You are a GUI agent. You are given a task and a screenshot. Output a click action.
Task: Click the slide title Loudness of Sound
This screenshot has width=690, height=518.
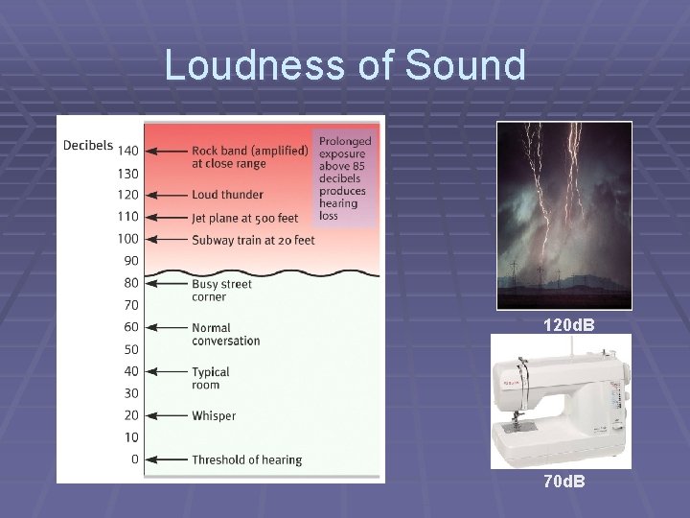click(x=345, y=65)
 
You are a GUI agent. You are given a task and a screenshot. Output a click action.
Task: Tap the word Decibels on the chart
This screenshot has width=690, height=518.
click(x=88, y=146)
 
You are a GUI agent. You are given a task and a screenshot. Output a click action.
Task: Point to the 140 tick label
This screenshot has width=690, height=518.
click(x=127, y=151)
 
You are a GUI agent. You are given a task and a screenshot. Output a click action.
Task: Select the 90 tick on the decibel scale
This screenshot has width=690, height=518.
click(x=131, y=261)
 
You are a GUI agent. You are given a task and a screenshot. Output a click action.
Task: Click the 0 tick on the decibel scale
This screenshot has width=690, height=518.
click(x=134, y=459)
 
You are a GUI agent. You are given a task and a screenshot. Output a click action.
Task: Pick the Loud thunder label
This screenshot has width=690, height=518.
click(x=227, y=195)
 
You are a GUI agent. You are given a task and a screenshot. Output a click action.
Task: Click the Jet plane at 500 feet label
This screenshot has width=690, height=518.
click(x=245, y=217)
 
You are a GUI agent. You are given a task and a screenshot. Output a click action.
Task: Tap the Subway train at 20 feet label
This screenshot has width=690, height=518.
click(x=253, y=239)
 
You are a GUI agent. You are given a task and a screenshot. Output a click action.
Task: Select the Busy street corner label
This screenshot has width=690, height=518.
click(x=221, y=290)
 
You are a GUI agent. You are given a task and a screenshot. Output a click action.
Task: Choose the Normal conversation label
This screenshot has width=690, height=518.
click(x=225, y=334)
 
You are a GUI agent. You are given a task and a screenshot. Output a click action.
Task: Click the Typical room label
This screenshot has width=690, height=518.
click(x=211, y=378)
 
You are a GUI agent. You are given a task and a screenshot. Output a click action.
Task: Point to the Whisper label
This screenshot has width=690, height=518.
click(x=214, y=416)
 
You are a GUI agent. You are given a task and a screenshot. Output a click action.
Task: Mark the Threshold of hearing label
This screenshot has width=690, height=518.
click(x=246, y=460)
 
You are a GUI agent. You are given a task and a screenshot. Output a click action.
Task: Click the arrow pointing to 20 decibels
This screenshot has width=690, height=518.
click(x=167, y=416)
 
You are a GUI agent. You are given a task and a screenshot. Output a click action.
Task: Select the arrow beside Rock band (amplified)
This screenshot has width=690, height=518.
click(x=167, y=151)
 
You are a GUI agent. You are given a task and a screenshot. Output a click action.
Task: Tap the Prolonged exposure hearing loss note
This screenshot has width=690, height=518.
click(x=345, y=177)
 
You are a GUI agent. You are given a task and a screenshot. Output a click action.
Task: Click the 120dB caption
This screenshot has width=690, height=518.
click(x=568, y=326)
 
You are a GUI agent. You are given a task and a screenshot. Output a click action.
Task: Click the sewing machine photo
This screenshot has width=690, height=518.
click(x=562, y=401)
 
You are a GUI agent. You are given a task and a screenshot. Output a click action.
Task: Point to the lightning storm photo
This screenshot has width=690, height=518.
click(x=563, y=215)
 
